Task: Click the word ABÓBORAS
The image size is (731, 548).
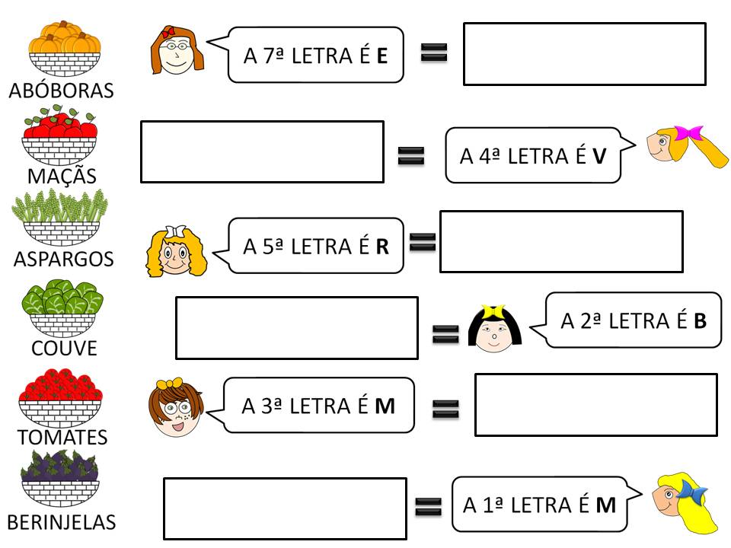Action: point(61,90)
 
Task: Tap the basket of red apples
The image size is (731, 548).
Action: point(60,135)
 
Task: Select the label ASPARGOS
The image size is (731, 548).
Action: point(63,259)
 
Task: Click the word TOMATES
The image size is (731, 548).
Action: point(63,437)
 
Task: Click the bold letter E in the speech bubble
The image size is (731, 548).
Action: point(382,56)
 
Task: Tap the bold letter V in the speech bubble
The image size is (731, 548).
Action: point(599,156)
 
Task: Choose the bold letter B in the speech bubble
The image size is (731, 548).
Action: point(701,321)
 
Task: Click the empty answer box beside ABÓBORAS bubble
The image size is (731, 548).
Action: point(584,54)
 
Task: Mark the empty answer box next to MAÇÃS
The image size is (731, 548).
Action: point(262,151)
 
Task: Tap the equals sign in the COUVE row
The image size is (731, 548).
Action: point(445,333)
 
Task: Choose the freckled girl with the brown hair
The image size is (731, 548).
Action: point(175,409)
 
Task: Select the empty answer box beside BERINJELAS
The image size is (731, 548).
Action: point(285,508)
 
